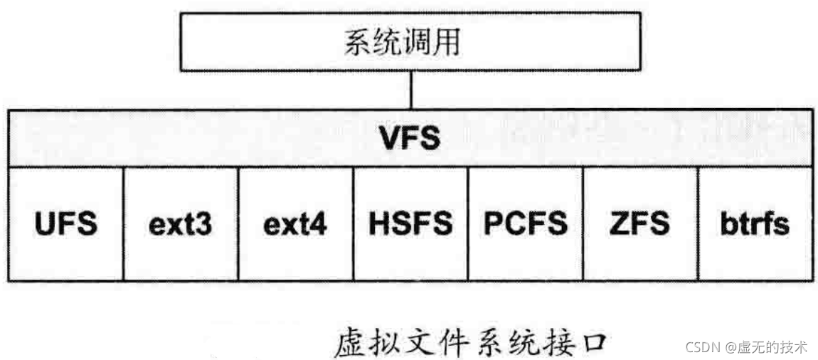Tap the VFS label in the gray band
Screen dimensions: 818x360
(x=410, y=139)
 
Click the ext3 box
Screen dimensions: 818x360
(x=181, y=224)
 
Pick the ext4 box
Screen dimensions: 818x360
(x=296, y=224)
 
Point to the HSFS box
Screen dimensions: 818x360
(x=410, y=224)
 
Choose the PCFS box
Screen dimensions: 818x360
(x=526, y=224)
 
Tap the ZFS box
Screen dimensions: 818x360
(x=639, y=224)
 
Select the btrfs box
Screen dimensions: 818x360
(x=755, y=224)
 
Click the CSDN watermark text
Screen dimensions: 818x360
(x=747, y=347)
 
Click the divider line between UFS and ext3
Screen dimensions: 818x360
(x=124, y=224)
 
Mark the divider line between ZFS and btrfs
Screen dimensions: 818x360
(x=698, y=224)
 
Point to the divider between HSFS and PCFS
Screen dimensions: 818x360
(x=468, y=224)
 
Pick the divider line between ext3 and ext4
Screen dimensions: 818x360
(x=238, y=224)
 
